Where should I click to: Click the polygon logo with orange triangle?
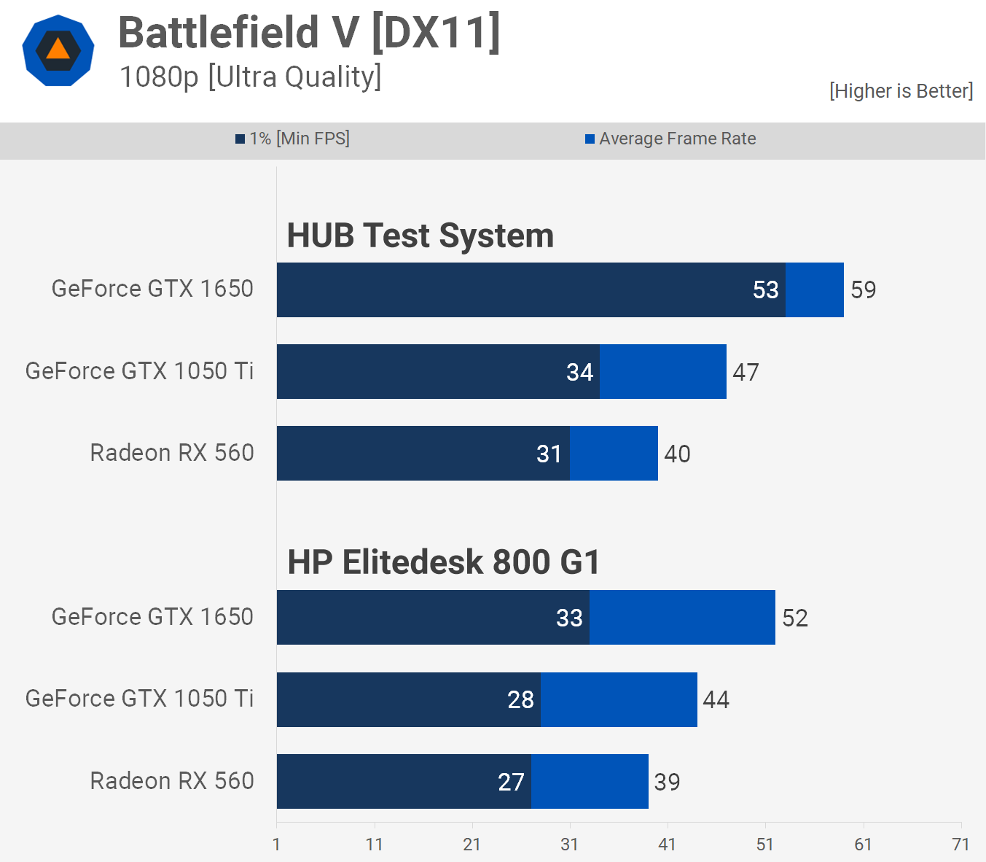pos(58,51)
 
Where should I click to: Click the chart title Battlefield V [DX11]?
pos(309,33)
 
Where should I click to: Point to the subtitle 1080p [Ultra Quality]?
pos(250,77)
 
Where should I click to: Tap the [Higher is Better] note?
pos(901,91)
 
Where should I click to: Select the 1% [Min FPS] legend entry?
pos(293,139)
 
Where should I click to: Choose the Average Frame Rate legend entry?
pos(670,139)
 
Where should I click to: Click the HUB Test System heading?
pos(420,236)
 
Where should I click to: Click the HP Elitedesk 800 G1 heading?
pos(443,562)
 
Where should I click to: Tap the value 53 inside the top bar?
pos(765,290)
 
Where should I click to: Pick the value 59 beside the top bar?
pos(863,290)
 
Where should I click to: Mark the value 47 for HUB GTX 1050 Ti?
pos(746,373)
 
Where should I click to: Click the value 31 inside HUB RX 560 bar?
pos(549,454)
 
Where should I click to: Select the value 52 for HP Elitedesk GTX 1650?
pos(794,618)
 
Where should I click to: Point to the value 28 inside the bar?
pos(520,700)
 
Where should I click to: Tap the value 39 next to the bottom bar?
pos(667,783)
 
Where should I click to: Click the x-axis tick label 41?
pos(667,844)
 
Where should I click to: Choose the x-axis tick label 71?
pos(960,844)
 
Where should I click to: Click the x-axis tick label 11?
pos(374,844)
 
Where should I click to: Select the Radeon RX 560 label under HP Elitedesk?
pos(172,781)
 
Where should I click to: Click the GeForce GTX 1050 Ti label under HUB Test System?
pos(139,371)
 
